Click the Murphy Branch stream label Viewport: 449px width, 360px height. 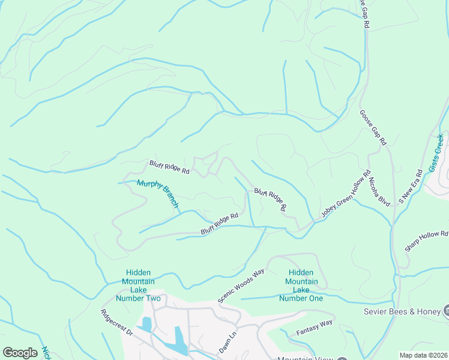158,193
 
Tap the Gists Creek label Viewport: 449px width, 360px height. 437,153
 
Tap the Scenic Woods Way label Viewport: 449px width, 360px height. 241,286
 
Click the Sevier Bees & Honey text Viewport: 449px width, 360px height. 402,311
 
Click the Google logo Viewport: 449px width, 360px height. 20,353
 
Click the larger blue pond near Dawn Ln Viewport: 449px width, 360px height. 181,340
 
